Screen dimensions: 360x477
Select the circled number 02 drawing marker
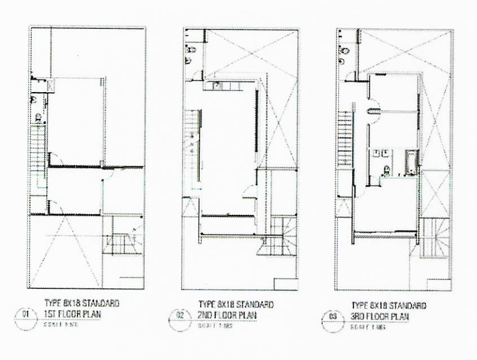pos(179,316)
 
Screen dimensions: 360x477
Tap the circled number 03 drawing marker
pos(333,317)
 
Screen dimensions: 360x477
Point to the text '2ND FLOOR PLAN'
pos(227,315)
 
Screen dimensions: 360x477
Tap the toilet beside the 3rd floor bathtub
pos(386,170)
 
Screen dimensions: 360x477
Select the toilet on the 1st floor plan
pos(38,116)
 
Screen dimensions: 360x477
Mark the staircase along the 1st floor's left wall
pos(37,149)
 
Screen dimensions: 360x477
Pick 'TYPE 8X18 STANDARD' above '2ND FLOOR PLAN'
pos(235,305)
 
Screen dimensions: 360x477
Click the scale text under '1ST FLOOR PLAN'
pos(61,324)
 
